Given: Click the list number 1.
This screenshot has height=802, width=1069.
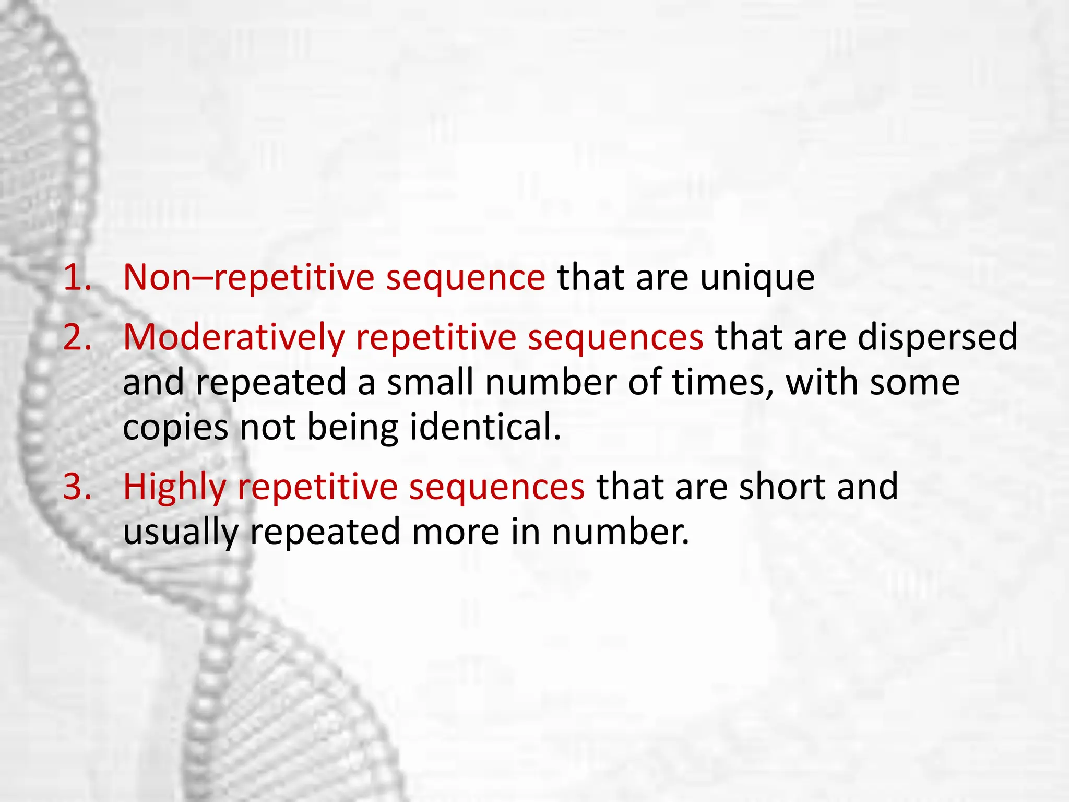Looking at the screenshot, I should pyautogui.click(x=77, y=277).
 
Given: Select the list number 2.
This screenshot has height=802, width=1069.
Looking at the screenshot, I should pyautogui.click(x=77, y=337).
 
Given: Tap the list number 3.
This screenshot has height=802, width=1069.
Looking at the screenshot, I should pyautogui.click(x=77, y=487).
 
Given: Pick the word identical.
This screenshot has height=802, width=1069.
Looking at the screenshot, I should pyautogui.click(x=485, y=427).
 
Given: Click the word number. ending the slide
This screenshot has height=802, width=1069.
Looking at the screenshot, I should pyautogui.click(x=621, y=532).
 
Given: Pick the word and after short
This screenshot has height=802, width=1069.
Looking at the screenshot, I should pyautogui.click(x=868, y=487).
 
